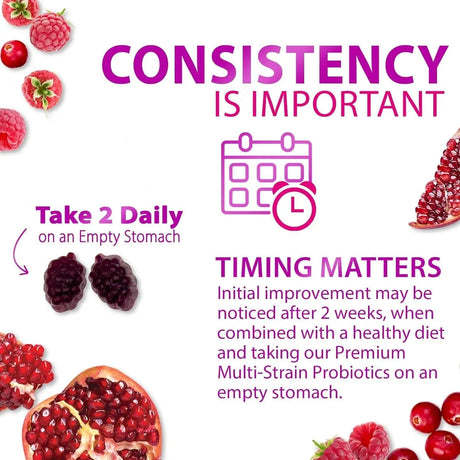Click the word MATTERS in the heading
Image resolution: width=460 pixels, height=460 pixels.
378,268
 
